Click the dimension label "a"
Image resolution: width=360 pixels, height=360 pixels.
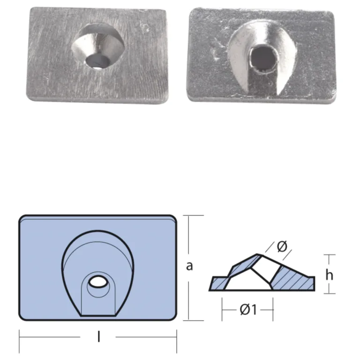coord(189,266)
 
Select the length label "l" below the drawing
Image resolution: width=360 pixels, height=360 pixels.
coord(98,337)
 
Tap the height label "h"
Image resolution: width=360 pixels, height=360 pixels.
coord(330,275)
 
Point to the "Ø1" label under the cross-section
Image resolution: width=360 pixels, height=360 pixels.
coord(247,310)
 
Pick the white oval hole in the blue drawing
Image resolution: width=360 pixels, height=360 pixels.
coord(97,282)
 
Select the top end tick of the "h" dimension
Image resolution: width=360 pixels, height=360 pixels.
coord(330,255)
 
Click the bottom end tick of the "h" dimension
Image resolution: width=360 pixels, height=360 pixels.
coord(330,293)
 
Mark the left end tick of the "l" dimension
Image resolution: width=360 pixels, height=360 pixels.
coord(19,337)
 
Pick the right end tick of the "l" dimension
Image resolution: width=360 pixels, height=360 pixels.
coord(177,337)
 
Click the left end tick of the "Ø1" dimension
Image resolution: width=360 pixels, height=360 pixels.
coord(222,310)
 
